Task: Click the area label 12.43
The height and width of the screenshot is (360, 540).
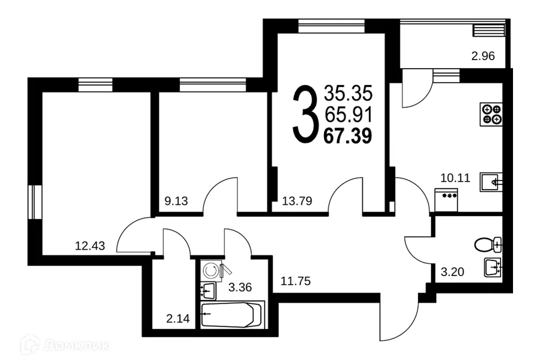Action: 90,246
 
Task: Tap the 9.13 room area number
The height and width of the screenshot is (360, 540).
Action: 176,201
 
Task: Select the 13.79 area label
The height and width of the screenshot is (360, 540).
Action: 297,201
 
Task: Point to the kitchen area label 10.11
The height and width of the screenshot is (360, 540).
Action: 455,178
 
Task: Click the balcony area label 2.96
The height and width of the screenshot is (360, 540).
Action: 483,56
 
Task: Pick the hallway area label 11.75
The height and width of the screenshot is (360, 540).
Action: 295,281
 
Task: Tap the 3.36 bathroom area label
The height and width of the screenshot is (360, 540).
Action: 240,287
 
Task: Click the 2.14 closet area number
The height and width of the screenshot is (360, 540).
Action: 178,319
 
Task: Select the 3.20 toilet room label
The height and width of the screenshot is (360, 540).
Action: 452,272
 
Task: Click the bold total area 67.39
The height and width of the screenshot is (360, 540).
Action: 348,136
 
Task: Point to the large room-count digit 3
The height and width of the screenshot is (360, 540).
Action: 305,114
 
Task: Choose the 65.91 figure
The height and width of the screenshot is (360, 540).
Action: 348,115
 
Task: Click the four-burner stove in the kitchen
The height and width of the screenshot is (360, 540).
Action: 491,114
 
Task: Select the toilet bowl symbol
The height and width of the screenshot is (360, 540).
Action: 488,245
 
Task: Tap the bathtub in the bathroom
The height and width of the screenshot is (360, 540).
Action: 232,314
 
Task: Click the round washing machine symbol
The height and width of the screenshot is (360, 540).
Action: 211,271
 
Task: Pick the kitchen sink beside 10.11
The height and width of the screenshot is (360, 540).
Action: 491,182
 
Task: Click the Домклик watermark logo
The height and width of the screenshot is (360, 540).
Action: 65,344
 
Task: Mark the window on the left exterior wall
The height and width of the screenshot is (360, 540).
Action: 35,202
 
